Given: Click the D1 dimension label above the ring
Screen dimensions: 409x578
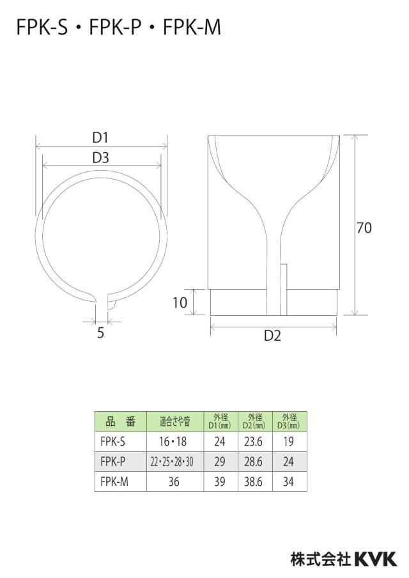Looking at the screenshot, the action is pyautogui.click(x=100, y=137).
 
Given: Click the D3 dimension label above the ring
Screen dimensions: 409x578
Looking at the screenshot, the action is pyautogui.click(x=100, y=158).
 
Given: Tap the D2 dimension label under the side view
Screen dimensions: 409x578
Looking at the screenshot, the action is pyautogui.click(x=273, y=336).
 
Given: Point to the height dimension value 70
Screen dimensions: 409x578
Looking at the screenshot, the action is pyautogui.click(x=364, y=228).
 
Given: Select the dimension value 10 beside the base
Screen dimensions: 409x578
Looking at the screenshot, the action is pyautogui.click(x=180, y=302).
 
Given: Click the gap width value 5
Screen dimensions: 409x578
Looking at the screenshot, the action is pyautogui.click(x=100, y=333).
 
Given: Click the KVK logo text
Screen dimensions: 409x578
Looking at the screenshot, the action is pyautogui.click(x=376, y=559).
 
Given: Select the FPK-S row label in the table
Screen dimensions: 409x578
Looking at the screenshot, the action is pyautogui.click(x=112, y=441).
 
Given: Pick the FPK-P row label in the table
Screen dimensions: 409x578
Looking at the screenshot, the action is pyautogui.click(x=112, y=461).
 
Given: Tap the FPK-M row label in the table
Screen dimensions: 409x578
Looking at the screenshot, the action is pyautogui.click(x=114, y=481).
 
